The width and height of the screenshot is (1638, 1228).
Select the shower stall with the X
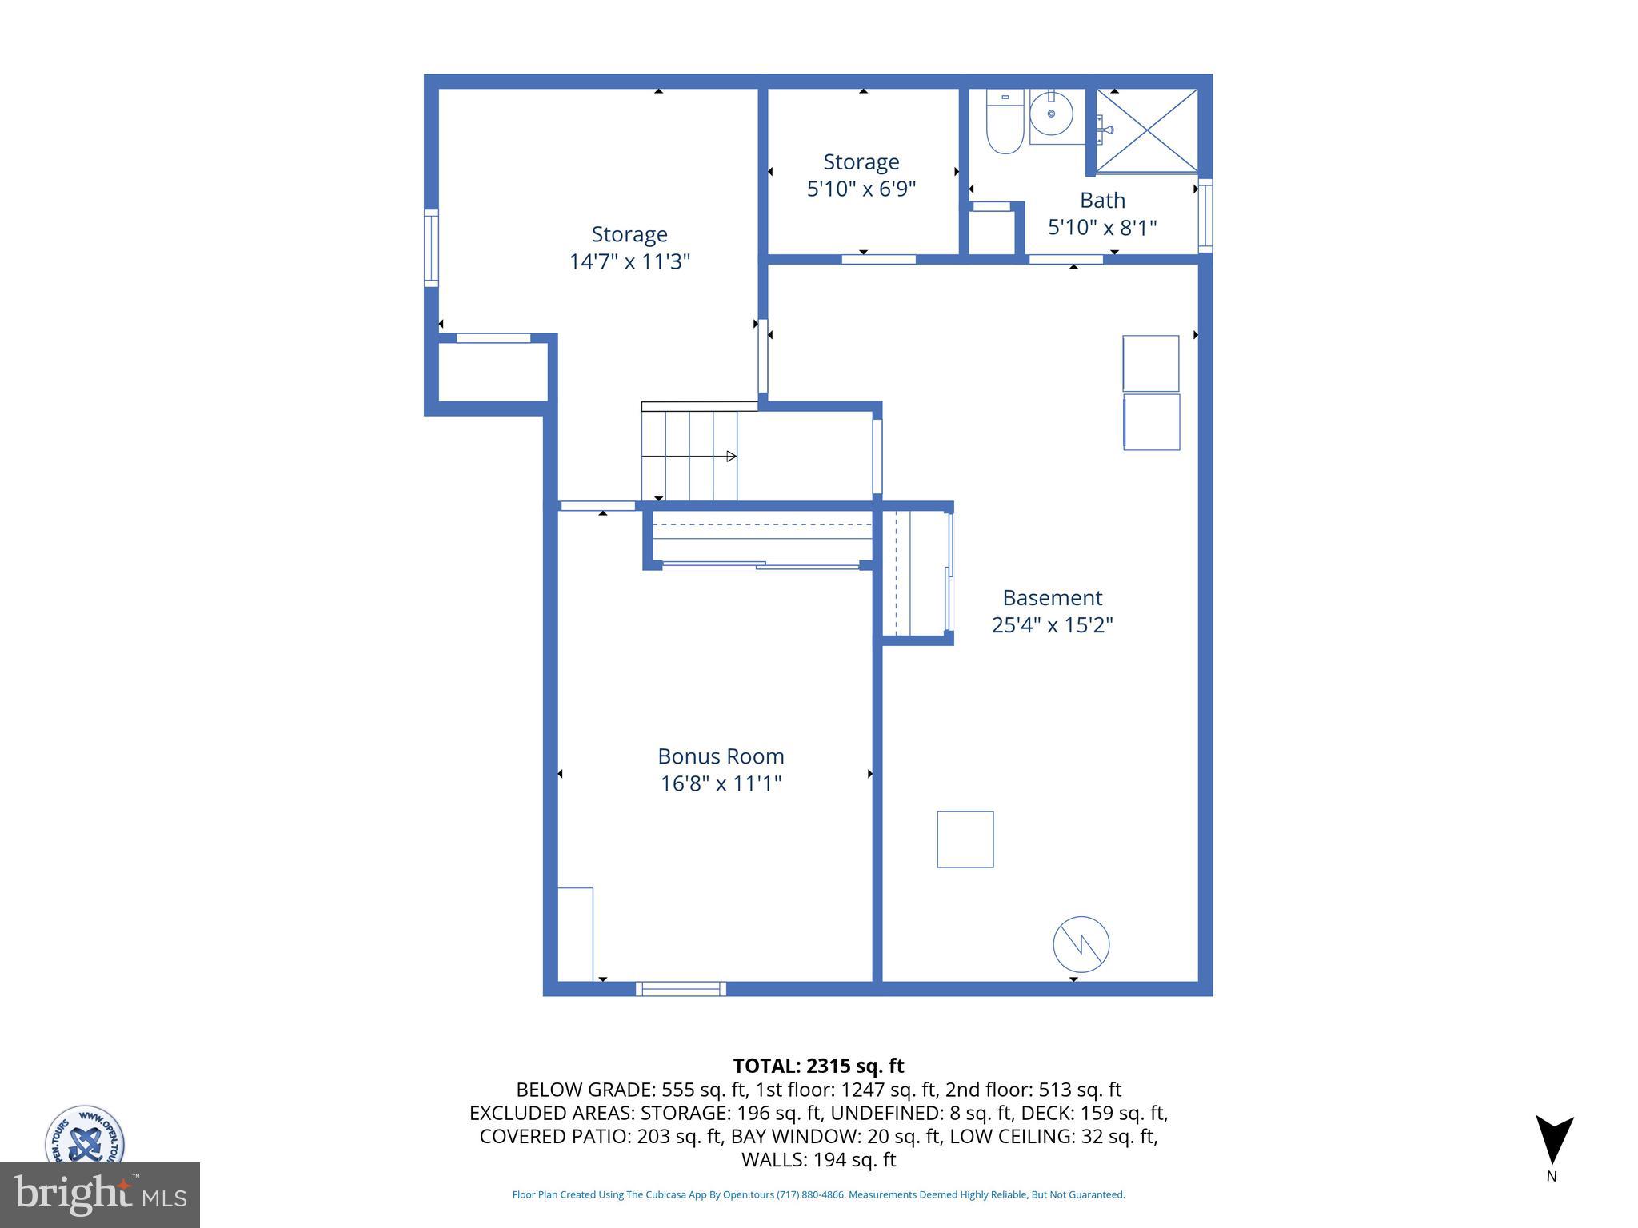point(1146,130)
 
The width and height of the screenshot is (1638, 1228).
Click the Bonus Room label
point(721,756)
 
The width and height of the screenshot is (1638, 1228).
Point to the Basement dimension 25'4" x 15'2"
point(1052,625)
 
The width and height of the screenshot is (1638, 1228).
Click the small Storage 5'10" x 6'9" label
point(861,162)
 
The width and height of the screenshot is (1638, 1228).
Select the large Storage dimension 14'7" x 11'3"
point(629,262)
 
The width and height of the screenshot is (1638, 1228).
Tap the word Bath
point(1102,201)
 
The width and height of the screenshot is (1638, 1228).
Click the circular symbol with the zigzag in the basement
point(1081,944)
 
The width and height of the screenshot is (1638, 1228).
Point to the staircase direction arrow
point(730,457)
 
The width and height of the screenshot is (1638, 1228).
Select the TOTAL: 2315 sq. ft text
point(818,1066)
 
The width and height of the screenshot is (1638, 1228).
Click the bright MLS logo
point(99,1195)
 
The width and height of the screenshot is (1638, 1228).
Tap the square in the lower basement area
point(965,839)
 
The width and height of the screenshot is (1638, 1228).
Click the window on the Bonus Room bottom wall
point(681,989)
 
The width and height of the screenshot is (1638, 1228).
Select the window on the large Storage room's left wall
point(431,248)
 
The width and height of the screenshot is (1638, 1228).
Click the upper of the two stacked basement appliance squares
point(1150,363)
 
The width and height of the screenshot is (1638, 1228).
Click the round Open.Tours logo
point(84,1135)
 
